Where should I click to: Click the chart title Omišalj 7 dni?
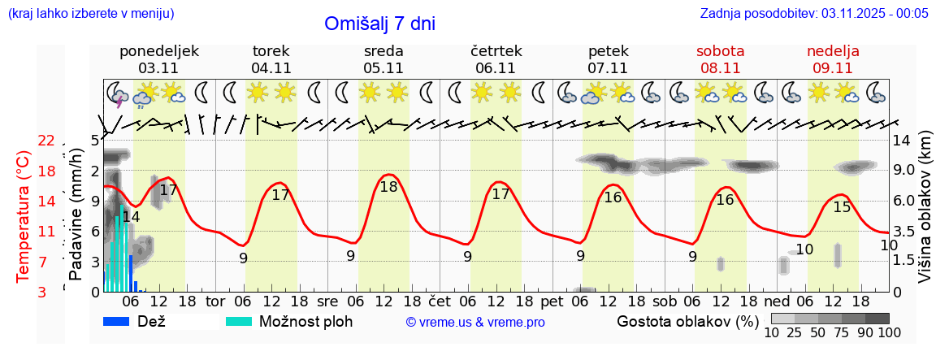tap(379, 24)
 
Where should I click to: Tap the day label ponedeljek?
tap(158, 51)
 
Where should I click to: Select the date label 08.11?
tap(720, 68)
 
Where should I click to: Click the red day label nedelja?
tap(833, 51)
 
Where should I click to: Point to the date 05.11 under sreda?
tap(383, 68)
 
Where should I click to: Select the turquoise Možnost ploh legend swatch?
tap(239, 321)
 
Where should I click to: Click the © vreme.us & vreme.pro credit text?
tap(475, 323)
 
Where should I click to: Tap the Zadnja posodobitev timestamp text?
tap(814, 14)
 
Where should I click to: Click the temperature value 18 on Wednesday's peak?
tap(388, 186)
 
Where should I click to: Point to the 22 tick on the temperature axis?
tap(46, 141)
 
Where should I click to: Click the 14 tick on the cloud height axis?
tap(903, 141)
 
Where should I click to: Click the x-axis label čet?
tap(440, 301)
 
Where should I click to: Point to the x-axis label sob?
tap(664, 301)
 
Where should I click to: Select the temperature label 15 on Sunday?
tap(842, 207)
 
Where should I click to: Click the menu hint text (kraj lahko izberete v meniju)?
tap(90, 14)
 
